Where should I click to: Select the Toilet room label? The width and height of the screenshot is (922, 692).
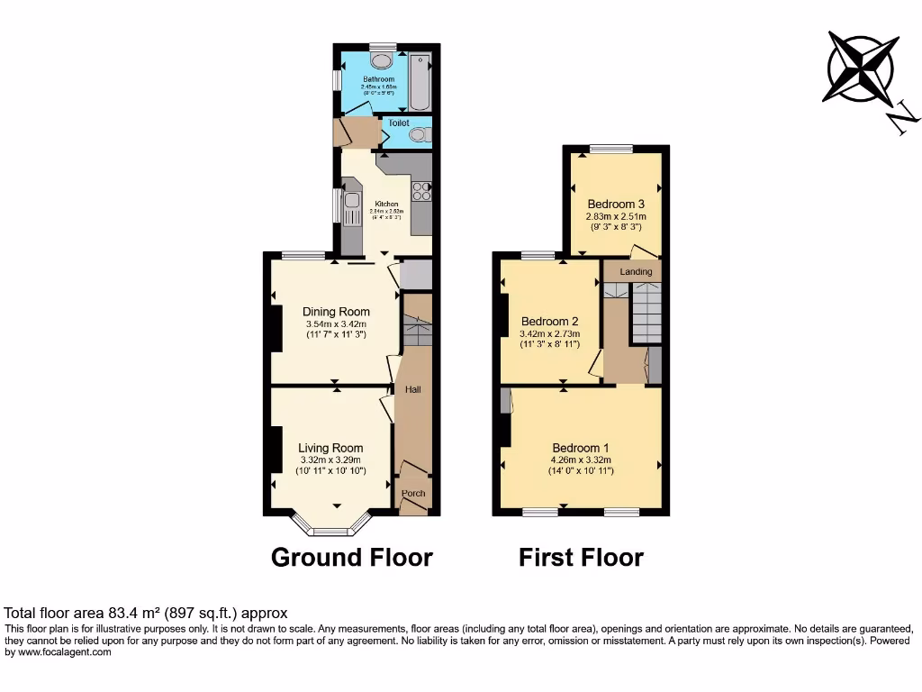click(399, 123)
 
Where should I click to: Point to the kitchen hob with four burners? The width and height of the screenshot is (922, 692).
click(421, 191)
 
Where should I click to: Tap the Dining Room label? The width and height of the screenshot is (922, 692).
click(336, 312)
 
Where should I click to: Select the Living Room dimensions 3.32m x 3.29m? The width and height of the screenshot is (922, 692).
click(330, 460)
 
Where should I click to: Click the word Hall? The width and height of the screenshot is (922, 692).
click(413, 389)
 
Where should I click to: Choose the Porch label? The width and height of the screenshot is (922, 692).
click(413, 493)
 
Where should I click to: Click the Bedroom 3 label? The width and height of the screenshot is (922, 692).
click(616, 204)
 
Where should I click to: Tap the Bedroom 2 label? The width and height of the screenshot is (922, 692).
click(549, 322)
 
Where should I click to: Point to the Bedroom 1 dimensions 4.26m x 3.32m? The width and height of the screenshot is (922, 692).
click(581, 460)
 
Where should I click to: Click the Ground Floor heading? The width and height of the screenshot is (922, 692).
click(351, 558)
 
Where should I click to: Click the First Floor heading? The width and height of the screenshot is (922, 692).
click(581, 558)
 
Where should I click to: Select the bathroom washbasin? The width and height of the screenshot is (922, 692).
click(383, 60)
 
